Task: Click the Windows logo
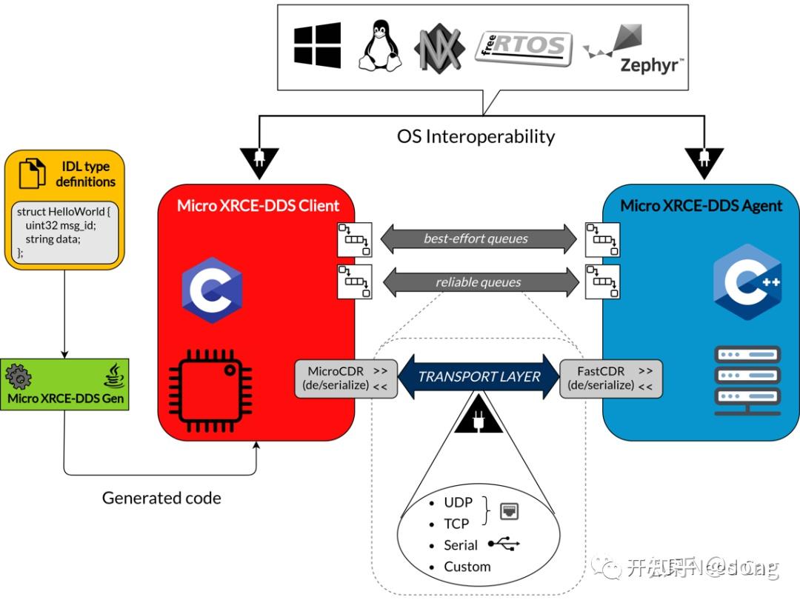(x=317, y=45)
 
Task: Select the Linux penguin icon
(x=379, y=46)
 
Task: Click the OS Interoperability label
(x=476, y=136)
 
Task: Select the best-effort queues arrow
(x=478, y=239)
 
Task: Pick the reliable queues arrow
(x=478, y=281)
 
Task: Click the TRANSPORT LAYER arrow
(x=479, y=376)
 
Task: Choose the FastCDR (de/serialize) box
(x=610, y=378)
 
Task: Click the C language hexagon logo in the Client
(x=212, y=290)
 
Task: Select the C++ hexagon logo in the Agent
(x=747, y=281)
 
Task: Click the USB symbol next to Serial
(x=504, y=545)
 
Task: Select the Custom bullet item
(x=467, y=567)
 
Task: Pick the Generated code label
(x=161, y=498)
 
